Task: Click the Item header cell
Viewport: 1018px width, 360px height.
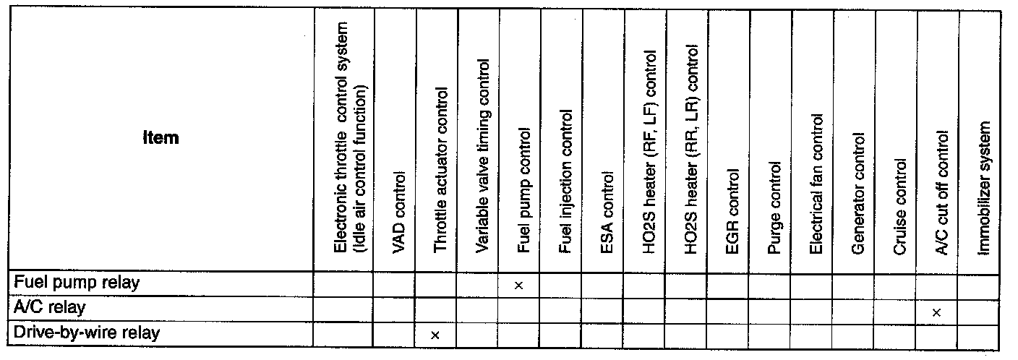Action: (x=161, y=137)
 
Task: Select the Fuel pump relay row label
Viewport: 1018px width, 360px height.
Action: (x=76, y=283)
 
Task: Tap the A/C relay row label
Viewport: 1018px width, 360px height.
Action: (x=50, y=307)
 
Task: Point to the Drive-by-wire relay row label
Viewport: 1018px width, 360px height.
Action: (x=87, y=333)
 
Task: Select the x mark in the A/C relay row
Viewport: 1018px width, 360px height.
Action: (x=936, y=312)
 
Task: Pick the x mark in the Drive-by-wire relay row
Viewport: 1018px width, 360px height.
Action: (x=435, y=335)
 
